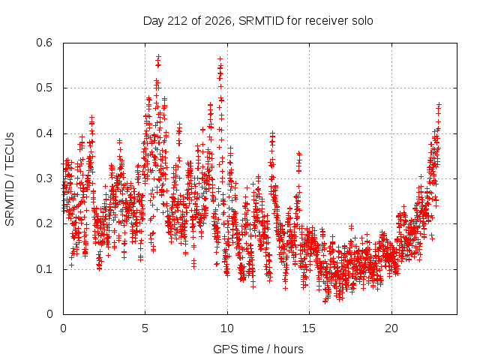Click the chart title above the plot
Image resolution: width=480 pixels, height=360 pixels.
[258, 21]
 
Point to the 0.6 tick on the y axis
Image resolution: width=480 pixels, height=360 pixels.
[44, 43]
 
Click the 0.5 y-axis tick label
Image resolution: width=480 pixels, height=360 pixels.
[44, 88]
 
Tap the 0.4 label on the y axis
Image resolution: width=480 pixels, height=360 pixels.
[44, 133]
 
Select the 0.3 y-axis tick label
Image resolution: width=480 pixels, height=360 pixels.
[44, 178]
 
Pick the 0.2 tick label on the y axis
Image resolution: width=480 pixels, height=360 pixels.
[44, 223]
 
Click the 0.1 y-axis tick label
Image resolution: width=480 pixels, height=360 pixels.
[44, 269]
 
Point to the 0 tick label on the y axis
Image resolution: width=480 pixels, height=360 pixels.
[49, 314]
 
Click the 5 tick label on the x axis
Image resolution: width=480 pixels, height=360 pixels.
[145, 328]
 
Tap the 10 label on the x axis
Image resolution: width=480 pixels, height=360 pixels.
[227, 328]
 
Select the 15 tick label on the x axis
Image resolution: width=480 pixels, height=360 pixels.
[309, 328]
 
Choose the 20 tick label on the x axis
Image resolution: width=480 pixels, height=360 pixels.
[391, 328]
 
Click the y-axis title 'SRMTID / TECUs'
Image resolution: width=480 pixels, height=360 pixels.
[10, 179]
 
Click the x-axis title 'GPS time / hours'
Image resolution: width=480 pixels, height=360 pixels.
[258, 349]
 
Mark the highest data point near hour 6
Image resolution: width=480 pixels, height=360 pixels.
[158, 56]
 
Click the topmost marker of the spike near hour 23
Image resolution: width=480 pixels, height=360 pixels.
[439, 105]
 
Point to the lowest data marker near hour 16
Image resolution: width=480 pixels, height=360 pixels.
[325, 301]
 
